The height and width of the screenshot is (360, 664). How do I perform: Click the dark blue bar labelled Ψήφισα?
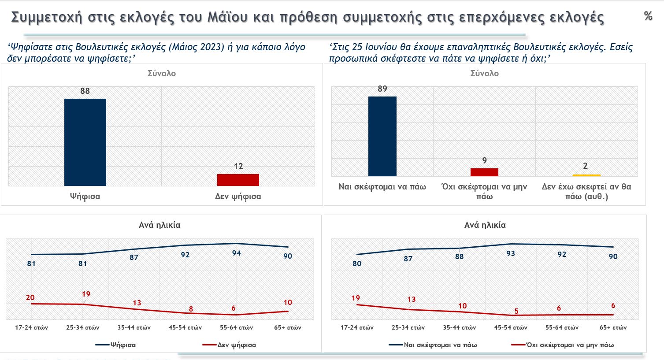click(x=85, y=142)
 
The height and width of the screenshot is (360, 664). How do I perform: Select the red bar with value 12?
click(x=238, y=180)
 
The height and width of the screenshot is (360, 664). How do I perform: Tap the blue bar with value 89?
click(x=382, y=136)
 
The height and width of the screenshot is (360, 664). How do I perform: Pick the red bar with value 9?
click(x=484, y=172)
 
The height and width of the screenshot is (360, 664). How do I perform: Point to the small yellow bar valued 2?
click(x=586, y=175)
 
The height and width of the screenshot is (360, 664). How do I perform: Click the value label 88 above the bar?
click(x=85, y=91)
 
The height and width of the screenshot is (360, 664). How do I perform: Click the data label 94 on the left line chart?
click(x=236, y=253)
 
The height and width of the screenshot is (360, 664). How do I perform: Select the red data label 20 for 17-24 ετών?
click(x=30, y=297)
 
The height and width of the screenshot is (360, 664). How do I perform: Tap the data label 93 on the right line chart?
click(x=511, y=253)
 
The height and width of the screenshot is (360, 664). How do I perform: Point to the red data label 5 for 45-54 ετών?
click(x=516, y=312)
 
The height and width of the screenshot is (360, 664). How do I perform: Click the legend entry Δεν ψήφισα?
click(x=236, y=345)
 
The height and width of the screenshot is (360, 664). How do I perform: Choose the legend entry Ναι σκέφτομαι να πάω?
click(x=440, y=345)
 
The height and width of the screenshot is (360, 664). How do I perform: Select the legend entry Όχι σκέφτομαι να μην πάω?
click(x=570, y=345)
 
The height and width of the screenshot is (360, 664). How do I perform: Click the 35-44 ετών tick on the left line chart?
click(x=134, y=327)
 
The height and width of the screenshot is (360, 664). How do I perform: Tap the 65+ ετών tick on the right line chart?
click(x=613, y=327)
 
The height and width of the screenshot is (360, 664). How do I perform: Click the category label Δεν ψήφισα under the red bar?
click(x=238, y=197)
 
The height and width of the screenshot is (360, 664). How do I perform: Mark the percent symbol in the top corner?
click(x=648, y=16)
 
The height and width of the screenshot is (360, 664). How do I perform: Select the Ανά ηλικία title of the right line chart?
click(x=485, y=225)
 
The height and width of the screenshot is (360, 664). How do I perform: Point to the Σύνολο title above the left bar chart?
click(x=161, y=73)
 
